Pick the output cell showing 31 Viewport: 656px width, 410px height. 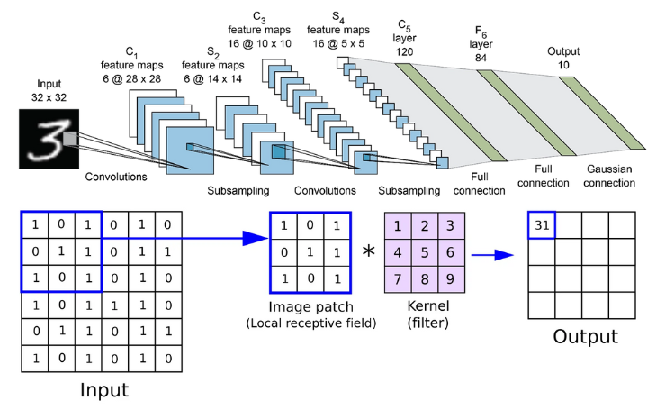tap(542, 225)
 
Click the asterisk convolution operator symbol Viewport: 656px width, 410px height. tap(367, 252)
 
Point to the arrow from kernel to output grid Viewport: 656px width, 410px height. tap(493, 254)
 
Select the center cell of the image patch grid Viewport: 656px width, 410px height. tap(308, 252)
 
